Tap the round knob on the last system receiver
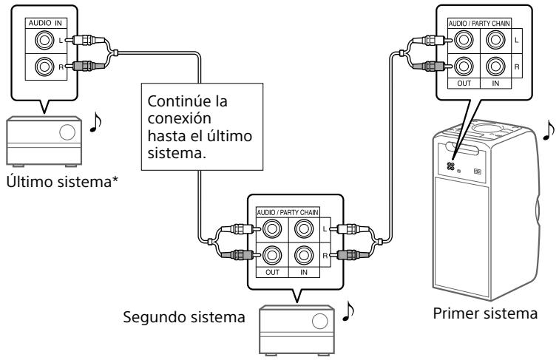pos(67,132)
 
